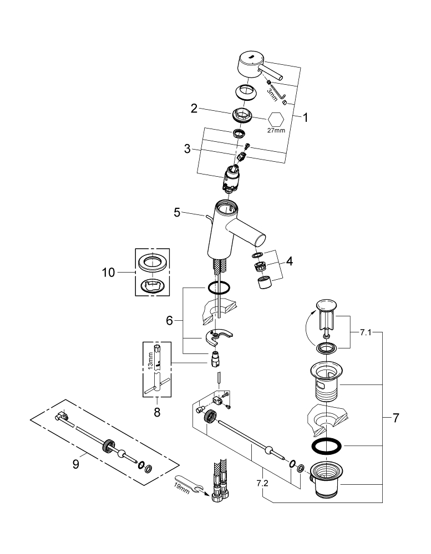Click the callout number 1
[305, 117]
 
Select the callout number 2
[194, 109]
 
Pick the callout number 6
[170, 320]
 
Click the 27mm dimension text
[276, 131]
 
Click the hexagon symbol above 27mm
[276, 119]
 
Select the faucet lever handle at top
[253, 65]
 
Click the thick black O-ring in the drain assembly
[326, 445]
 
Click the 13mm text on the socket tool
[150, 360]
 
